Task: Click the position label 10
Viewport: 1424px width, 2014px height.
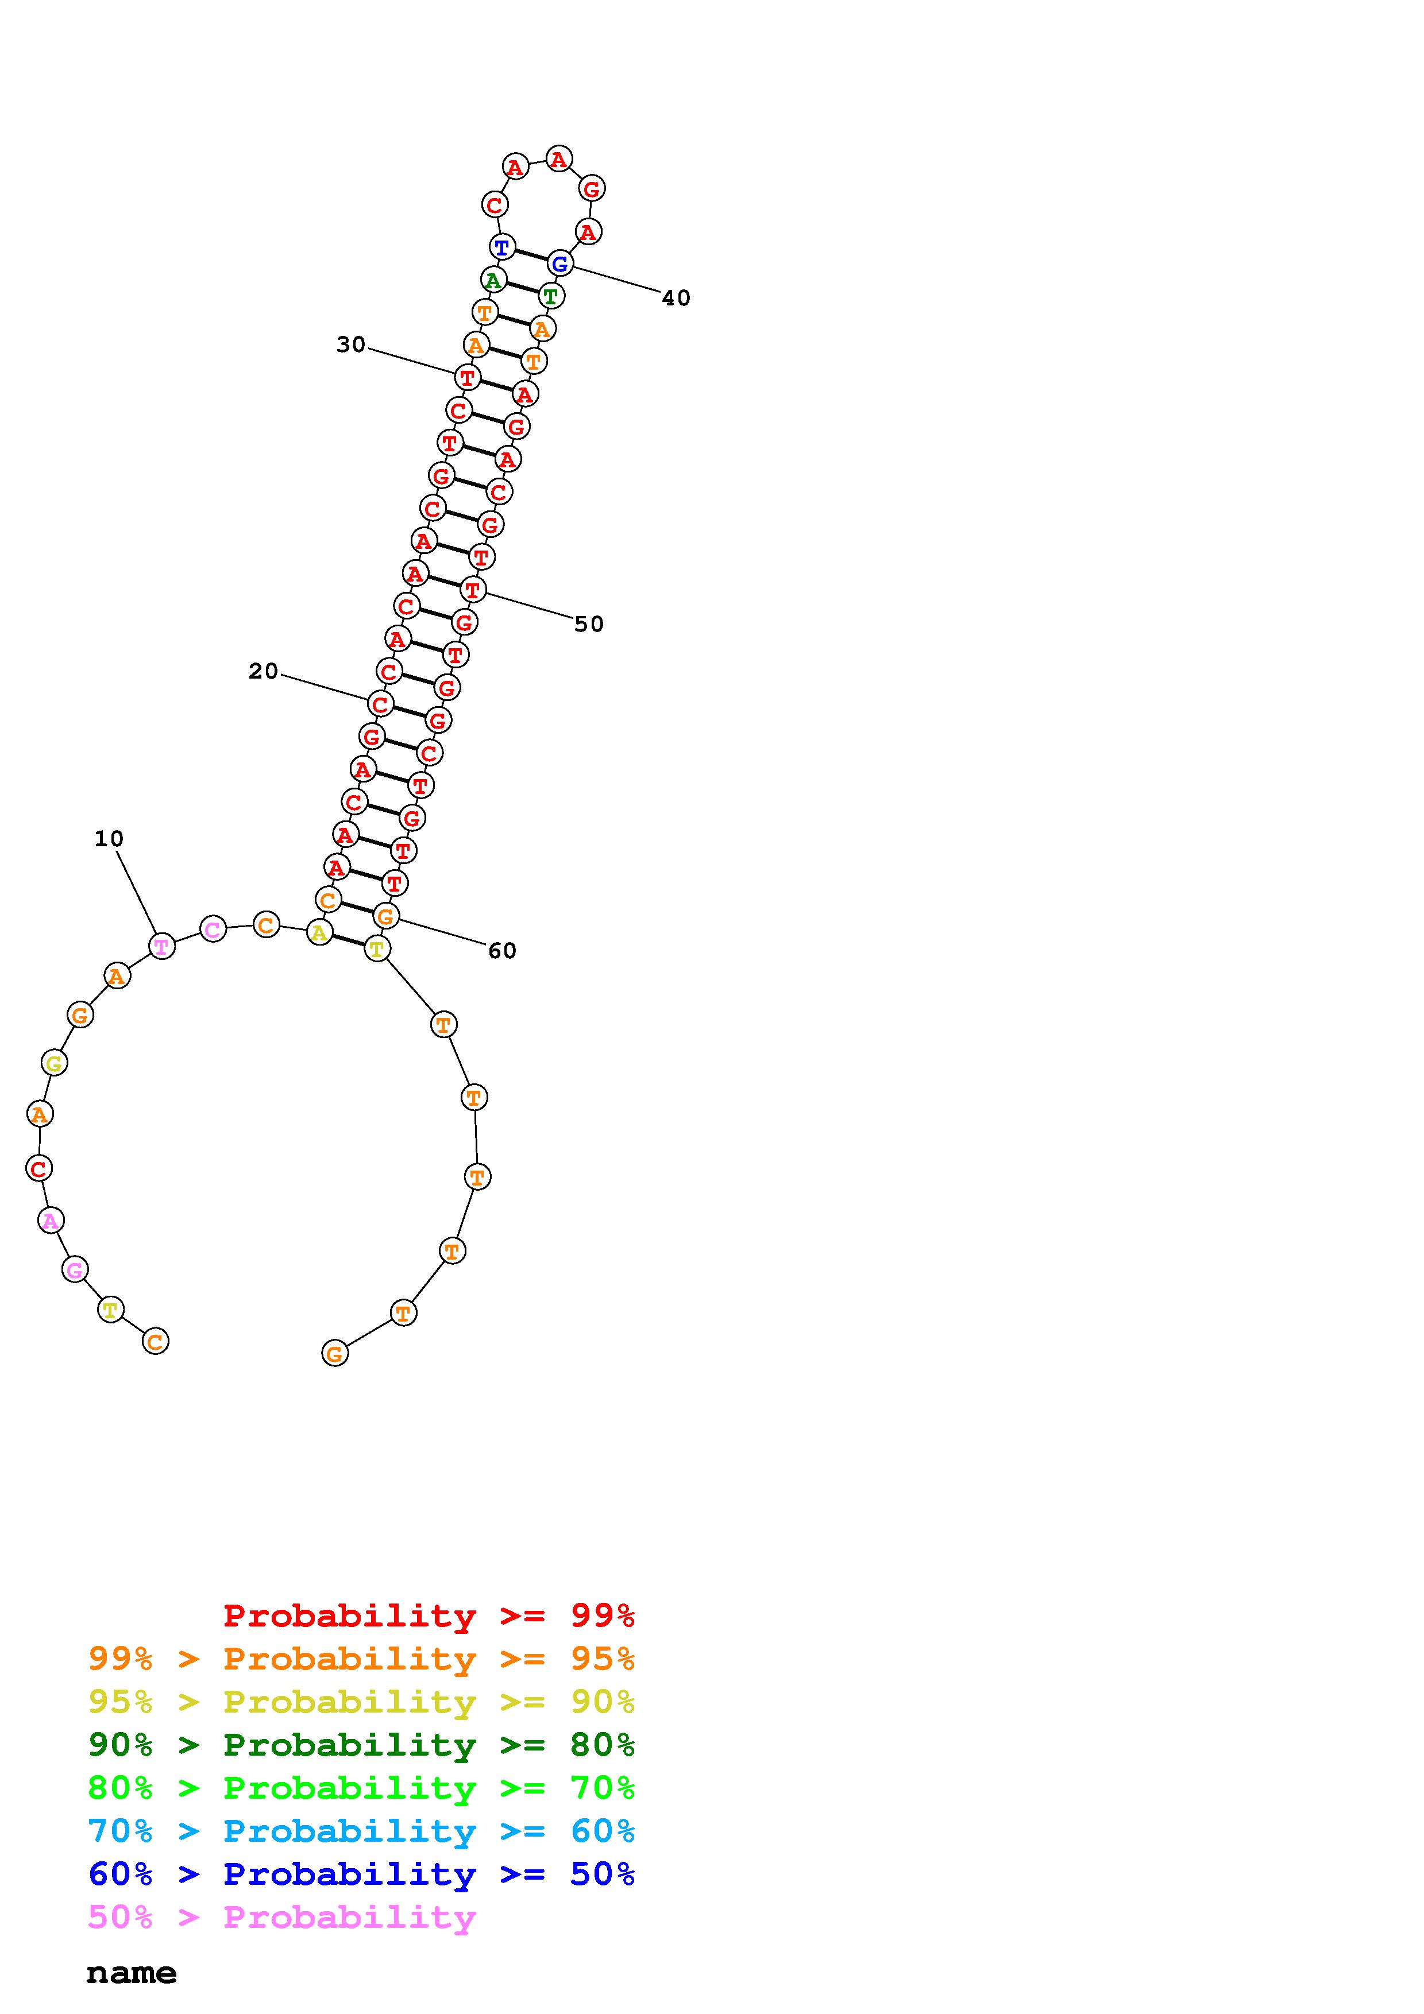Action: point(109,839)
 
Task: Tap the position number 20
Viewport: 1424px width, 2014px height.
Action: point(263,671)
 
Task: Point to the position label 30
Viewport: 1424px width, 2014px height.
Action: point(351,344)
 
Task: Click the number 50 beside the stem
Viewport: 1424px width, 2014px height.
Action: point(589,625)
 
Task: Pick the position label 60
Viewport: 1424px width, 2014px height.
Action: point(503,951)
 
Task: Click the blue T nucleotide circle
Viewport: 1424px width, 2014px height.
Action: point(502,247)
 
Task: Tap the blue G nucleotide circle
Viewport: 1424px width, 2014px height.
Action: point(559,262)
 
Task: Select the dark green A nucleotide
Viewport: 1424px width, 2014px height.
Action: point(493,280)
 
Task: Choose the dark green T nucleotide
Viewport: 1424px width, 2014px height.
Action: point(551,296)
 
